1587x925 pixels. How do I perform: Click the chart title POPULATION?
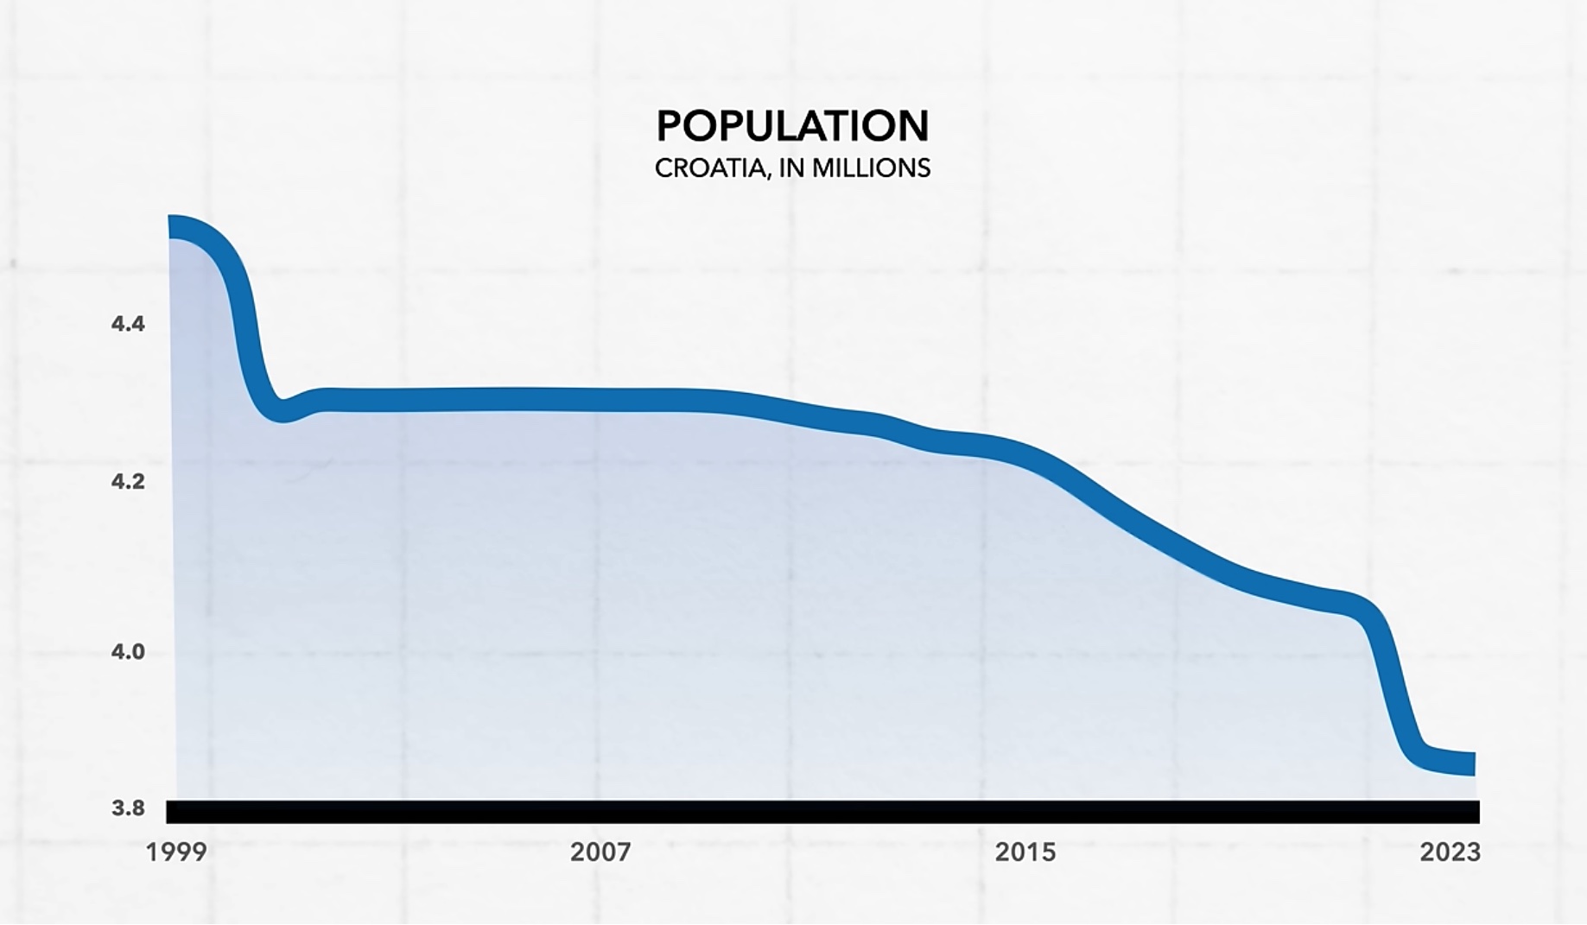coord(792,126)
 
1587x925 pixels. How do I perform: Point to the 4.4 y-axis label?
coord(128,324)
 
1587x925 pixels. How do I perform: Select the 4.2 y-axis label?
coord(128,481)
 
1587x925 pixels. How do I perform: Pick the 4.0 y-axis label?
coord(128,651)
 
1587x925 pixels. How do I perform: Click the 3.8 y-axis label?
coord(128,808)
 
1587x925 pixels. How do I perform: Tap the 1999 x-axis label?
coord(176,852)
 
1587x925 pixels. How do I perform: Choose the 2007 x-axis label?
coord(600,852)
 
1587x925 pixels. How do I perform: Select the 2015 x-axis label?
coord(1025,852)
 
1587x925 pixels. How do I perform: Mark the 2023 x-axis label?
coord(1451,852)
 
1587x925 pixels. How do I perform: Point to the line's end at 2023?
coord(1469,763)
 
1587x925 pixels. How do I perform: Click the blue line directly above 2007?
coord(600,399)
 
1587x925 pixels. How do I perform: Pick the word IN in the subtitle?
coord(791,168)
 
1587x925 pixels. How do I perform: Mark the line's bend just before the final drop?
coord(1361,605)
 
